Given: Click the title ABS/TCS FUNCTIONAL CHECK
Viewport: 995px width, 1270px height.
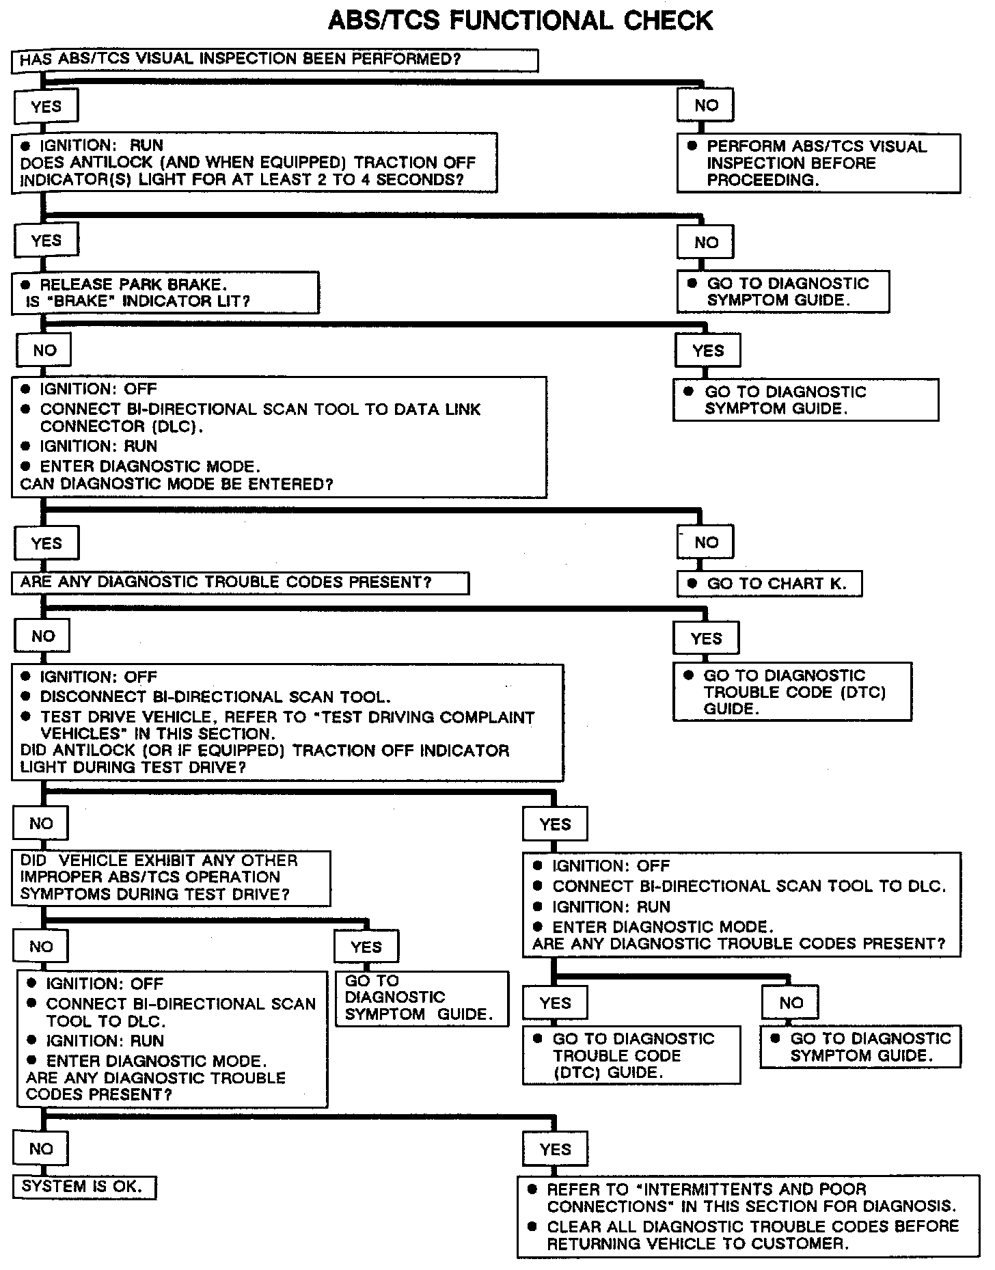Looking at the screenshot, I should tap(520, 21).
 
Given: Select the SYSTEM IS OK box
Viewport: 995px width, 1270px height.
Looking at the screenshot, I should tap(84, 1187).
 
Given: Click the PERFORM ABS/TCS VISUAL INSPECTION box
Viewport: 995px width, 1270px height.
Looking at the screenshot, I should tap(818, 163).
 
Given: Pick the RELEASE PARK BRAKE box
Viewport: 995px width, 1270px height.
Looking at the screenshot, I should tap(165, 293).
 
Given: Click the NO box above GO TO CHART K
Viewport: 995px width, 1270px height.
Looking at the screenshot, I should tap(706, 543).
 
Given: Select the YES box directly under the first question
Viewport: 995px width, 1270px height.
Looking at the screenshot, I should tap(46, 107).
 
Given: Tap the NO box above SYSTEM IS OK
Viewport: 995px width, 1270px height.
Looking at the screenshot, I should tap(41, 1149).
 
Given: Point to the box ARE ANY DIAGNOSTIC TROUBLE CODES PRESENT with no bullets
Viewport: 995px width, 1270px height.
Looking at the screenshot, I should tap(240, 583).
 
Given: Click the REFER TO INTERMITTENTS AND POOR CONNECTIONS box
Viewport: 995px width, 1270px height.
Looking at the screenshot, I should tap(748, 1216).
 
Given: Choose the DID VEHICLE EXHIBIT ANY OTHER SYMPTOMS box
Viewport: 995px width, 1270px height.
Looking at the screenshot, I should tap(171, 878).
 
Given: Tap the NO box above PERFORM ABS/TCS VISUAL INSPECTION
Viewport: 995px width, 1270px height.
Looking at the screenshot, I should tap(706, 105).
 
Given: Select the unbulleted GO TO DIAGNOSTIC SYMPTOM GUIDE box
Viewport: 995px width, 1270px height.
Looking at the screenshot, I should tap(422, 998).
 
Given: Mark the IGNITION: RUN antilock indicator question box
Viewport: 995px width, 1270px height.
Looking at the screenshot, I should tap(254, 163).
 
